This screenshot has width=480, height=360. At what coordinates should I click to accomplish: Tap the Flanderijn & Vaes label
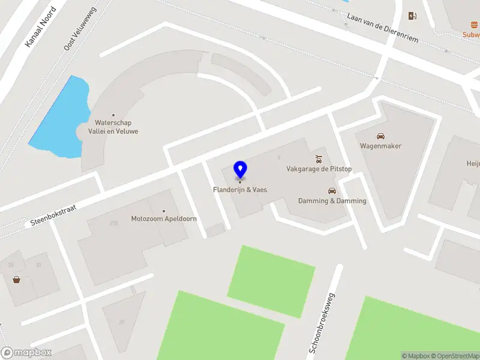(x=240, y=190)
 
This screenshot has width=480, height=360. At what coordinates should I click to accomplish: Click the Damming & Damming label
(x=332, y=201)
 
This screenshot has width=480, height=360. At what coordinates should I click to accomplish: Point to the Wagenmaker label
(x=380, y=146)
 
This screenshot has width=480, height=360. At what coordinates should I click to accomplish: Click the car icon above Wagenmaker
(x=380, y=136)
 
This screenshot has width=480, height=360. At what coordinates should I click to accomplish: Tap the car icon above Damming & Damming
(x=332, y=191)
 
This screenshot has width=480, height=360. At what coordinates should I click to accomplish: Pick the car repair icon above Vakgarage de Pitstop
(x=319, y=159)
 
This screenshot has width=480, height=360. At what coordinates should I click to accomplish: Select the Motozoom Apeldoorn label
(x=164, y=219)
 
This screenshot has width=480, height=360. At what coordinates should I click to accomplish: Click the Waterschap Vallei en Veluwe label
(x=113, y=127)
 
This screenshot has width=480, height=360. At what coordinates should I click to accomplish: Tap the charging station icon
(x=412, y=16)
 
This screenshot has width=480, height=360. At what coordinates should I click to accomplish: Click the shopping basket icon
(x=16, y=279)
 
